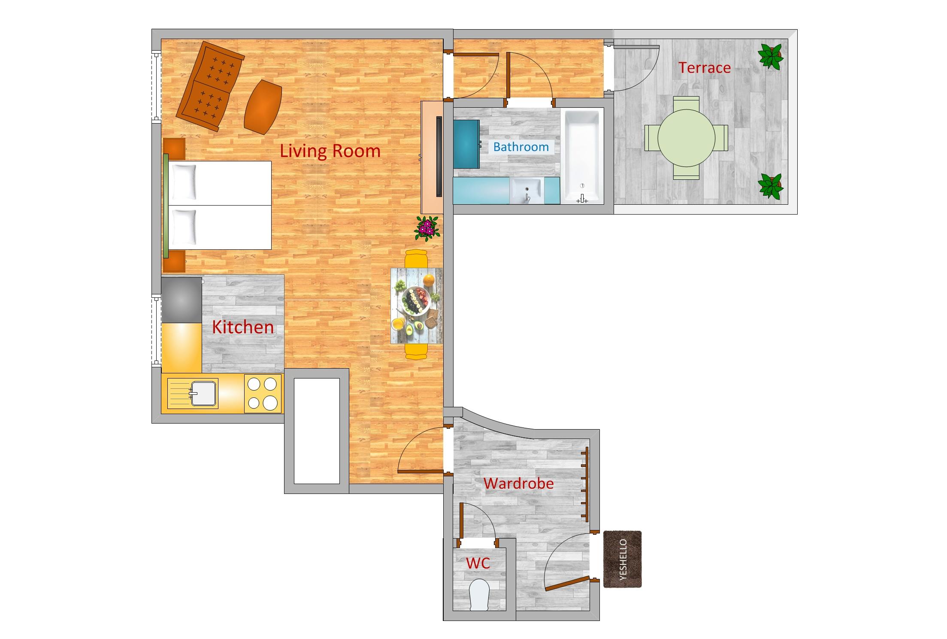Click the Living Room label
(x=330, y=151)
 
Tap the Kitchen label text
(x=242, y=327)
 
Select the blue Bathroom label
(x=520, y=147)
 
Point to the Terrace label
(x=704, y=68)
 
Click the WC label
(x=478, y=563)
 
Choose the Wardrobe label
(x=518, y=484)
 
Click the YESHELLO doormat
(x=622, y=559)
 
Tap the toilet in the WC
(x=479, y=594)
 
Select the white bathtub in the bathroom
(x=582, y=156)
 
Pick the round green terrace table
(x=686, y=138)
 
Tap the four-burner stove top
(x=263, y=394)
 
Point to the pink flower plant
(x=427, y=228)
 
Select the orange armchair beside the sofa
(x=263, y=107)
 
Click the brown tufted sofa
(x=210, y=86)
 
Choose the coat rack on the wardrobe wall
(x=585, y=484)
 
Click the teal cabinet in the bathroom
(x=466, y=144)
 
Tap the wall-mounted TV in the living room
(x=439, y=157)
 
